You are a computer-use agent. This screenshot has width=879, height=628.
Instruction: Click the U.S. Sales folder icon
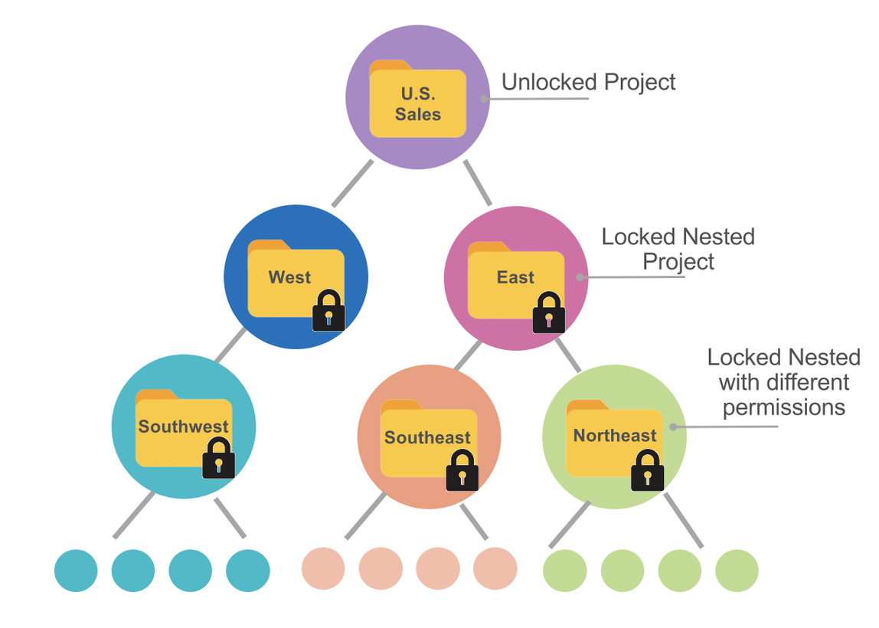coord(417,100)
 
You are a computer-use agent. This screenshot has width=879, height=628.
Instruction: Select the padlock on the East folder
coord(549,312)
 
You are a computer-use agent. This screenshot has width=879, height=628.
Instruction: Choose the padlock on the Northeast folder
coord(648,470)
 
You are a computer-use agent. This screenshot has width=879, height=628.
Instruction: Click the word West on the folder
coord(289,277)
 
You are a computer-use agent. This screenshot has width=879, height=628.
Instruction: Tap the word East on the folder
coord(515,277)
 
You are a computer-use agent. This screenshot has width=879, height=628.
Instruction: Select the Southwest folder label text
coord(183,427)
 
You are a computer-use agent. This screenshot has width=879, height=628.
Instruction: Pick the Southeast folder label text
coord(427,437)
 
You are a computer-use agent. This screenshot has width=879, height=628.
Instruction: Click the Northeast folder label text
coord(615,436)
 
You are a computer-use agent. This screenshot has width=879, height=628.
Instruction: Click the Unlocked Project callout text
coord(588,82)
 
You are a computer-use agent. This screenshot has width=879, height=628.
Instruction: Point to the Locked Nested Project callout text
coord(678,249)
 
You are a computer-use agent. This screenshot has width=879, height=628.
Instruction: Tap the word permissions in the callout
coord(783,407)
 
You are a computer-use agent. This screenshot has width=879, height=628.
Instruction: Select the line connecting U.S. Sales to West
coord(352,184)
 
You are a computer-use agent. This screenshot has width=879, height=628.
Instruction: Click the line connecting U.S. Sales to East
coord(478,183)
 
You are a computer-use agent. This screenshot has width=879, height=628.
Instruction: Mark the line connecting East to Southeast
coord(467,356)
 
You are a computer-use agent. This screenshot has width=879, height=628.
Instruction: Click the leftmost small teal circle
coord(76,571)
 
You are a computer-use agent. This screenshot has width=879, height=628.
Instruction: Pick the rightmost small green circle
coord(737,571)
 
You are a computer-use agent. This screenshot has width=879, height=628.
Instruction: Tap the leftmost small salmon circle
coord(323,569)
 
